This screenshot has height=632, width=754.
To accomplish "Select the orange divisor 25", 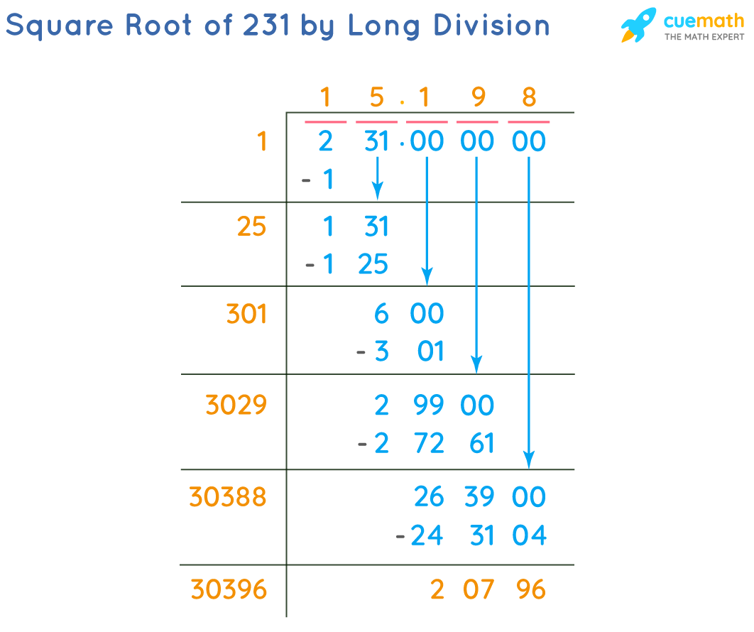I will [251, 227].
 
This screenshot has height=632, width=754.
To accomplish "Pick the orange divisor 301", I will [246, 313].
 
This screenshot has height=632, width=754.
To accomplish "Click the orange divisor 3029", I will [236, 405].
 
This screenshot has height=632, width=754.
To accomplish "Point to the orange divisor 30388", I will [228, 497].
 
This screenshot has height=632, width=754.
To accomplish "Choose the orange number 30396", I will [229, 589].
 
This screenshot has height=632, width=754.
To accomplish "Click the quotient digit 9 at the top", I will [479, 97].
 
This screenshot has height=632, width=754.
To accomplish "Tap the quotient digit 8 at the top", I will [529, 97].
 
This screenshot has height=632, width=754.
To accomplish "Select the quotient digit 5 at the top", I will [376, 97].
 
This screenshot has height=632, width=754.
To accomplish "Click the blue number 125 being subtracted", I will [356, 264].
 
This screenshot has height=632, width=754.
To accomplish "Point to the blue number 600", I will [409, 313].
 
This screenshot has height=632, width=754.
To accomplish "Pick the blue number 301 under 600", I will [410, 352].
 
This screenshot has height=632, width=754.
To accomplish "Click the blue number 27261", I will [434, 444].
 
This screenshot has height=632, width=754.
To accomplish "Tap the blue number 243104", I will [479, 535].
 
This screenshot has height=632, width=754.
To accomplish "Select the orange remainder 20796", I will [488, 589].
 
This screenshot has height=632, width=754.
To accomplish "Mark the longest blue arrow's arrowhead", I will [528, 461].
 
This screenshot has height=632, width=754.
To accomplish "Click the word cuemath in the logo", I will [704, 21].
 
